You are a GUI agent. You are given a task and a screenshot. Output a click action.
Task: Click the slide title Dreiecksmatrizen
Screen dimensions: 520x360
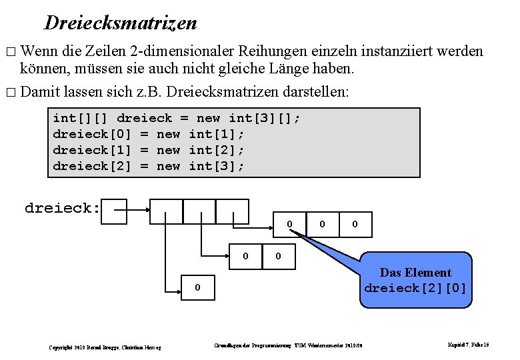point(121,23)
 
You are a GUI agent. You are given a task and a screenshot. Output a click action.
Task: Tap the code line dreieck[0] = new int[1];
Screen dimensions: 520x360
point(149,134)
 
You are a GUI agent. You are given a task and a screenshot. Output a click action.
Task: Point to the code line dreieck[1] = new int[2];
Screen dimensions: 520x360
point(149,150)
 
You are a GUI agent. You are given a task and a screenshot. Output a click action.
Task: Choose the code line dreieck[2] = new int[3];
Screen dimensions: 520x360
point(149,166)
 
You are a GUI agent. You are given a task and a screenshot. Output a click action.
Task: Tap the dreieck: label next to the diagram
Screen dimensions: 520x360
point(63,208)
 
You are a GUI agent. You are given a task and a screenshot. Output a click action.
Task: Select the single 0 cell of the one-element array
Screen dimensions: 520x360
point(197,288)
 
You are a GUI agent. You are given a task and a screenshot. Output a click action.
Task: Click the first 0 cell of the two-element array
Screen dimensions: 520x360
point(246,255)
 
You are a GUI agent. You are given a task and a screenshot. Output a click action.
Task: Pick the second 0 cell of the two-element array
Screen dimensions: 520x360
point(279,255)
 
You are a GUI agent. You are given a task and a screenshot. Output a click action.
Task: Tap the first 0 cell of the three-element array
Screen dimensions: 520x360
point(289,224)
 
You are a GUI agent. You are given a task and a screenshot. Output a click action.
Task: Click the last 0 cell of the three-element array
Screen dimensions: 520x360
point(355,224)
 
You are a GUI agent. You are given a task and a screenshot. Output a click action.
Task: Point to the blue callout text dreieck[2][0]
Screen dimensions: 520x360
point(415,289)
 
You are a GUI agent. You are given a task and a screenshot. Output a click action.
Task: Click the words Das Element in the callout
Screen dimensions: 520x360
point(415,273)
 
